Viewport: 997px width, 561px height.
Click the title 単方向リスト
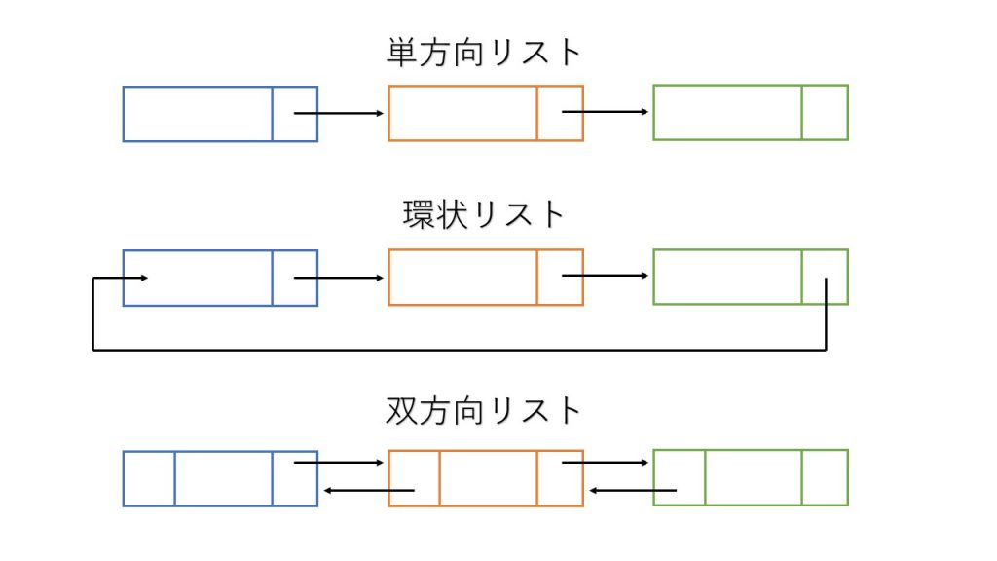(x=484, y=53)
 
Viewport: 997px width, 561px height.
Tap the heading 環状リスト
(x=484, y=214)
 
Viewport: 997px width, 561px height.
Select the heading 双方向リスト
(x=484, y=410)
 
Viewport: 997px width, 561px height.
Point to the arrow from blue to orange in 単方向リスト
(x=339, y=113)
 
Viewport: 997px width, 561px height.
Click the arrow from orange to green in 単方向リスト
(x=606, y=112)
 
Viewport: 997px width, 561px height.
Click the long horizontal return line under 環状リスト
(x=460, y=350)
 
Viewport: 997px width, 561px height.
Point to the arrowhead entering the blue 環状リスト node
(x=144, y=278)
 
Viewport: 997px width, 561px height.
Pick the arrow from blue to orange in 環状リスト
(x=339, y=278)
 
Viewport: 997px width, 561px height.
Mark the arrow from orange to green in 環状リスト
(x=606, y=276)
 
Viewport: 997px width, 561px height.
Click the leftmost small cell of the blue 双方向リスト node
(x=149, y=479)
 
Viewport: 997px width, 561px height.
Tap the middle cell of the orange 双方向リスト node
(x=489, y=478)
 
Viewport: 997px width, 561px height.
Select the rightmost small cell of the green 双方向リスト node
(x=826, y=477)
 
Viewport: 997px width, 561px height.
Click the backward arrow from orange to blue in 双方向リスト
(x=369, y=491)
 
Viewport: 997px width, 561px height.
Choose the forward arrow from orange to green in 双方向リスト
(x=606, y=463)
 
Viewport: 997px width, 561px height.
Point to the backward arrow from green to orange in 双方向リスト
(x=633, y=491)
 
